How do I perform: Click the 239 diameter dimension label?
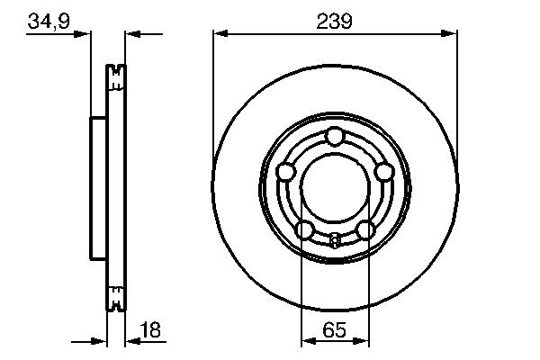point(335,19)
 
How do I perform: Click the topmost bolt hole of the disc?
point(335,136)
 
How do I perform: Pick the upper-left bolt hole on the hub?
point(286,171)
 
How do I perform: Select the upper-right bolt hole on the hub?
point(383,171)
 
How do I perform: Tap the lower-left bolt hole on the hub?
point(305,229)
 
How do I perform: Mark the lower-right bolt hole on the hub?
point(364,229)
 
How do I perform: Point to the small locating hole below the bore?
point(335,239)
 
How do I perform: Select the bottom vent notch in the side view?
point(115,296)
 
